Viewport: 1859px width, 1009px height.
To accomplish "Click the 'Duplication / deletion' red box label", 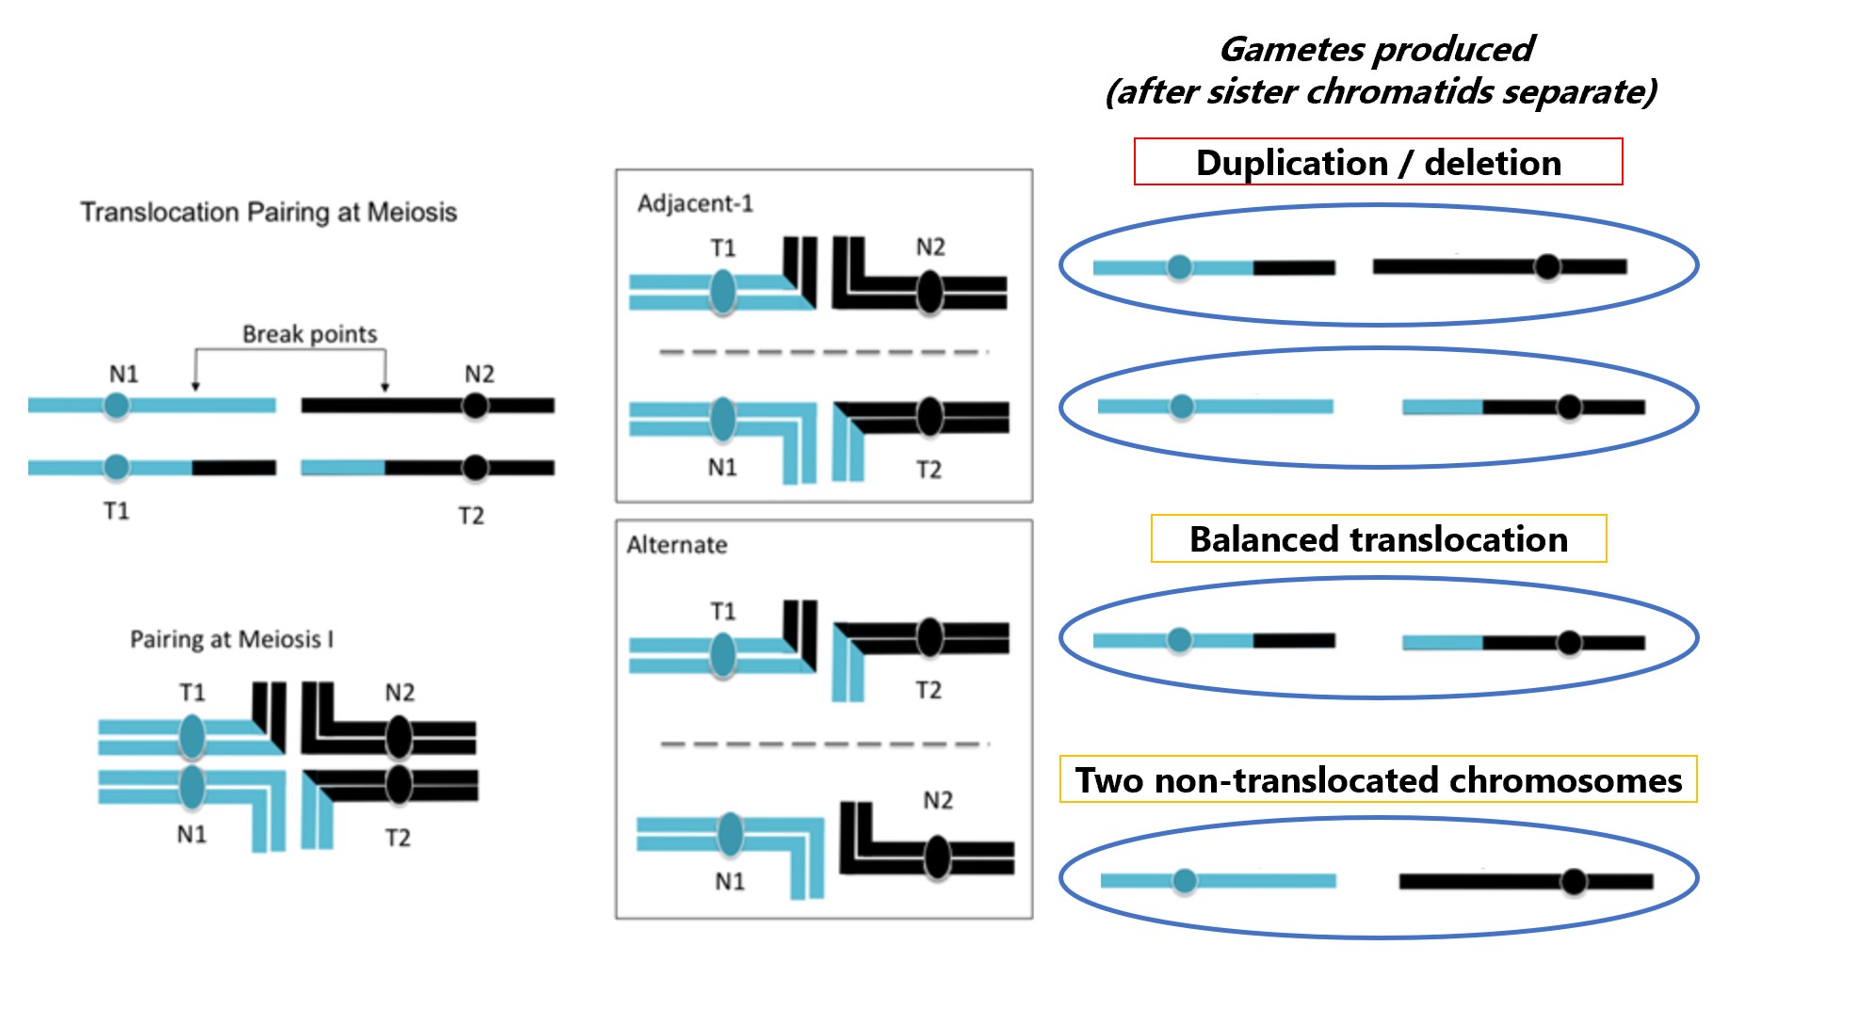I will coord(1378,163).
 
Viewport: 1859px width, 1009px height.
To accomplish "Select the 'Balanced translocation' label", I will coord(1378,539).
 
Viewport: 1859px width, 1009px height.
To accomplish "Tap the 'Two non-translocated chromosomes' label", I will coord(1378,780).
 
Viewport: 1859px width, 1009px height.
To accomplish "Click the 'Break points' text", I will coord(309,334).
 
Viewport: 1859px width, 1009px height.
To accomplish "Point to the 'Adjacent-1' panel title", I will coord(695,203).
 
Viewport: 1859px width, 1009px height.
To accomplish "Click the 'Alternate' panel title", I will coord(676,545).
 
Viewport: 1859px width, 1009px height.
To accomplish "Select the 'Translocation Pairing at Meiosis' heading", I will coord(268,212).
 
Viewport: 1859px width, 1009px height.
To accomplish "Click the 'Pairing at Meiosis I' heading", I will coord(232,639).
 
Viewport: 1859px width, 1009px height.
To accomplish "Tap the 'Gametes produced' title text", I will coord(1376,49).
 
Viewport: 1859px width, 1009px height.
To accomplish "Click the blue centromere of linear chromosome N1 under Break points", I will coord(117,406).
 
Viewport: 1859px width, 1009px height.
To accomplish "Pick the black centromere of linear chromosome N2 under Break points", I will coord(476,406).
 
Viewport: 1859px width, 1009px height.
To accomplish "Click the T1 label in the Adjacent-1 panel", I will coord(722,248).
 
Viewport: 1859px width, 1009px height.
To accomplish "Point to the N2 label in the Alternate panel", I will coord(937,800).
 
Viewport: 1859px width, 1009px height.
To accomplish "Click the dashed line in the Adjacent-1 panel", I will coord(824,352).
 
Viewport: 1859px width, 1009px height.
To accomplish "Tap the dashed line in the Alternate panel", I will coord(824,744).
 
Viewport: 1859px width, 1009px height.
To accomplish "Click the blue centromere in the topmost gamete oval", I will coord(1179,267).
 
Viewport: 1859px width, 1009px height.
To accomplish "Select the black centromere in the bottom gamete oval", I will coord(1573,882).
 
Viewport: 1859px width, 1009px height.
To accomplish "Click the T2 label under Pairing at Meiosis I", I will coord(397,838).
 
